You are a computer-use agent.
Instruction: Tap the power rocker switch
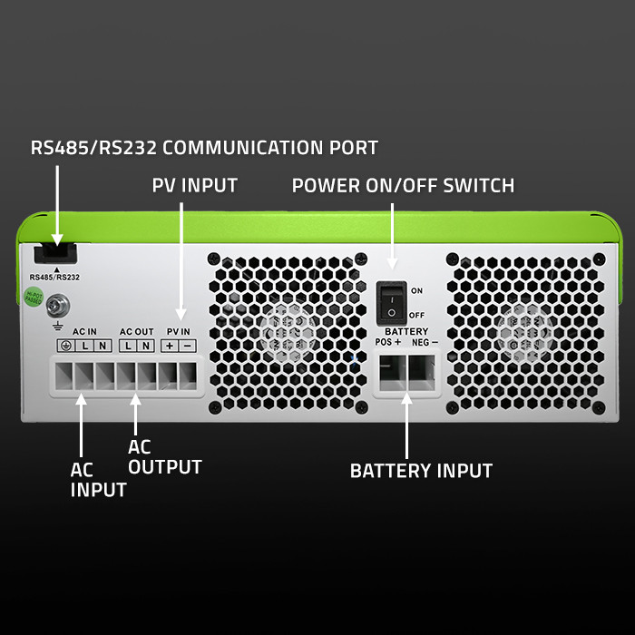[391, 302]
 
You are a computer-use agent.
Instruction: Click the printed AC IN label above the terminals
[84, 331]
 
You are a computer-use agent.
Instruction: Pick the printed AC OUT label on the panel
[136, 331]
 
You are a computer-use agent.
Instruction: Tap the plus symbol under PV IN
[170, 347]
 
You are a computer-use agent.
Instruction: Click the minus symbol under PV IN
[187, 347]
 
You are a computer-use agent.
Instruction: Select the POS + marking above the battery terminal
[387, 342]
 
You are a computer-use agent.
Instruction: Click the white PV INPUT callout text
[194, 186]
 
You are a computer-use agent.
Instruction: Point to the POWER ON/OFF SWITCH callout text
[403, 186]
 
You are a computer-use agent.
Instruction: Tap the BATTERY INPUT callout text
[421, 471]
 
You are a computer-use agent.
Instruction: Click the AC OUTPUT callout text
[164, 457]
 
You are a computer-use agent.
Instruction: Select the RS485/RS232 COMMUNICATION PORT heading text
[204, 147]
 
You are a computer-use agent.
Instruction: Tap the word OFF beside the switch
[417, 315]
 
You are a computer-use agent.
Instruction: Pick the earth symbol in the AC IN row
[66, 347]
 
